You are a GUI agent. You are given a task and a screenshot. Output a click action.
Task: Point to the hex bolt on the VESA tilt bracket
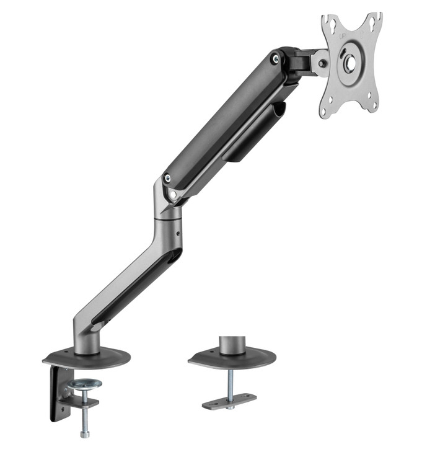click(320, 63)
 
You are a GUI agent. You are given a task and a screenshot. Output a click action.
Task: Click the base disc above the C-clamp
click(87, 358)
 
